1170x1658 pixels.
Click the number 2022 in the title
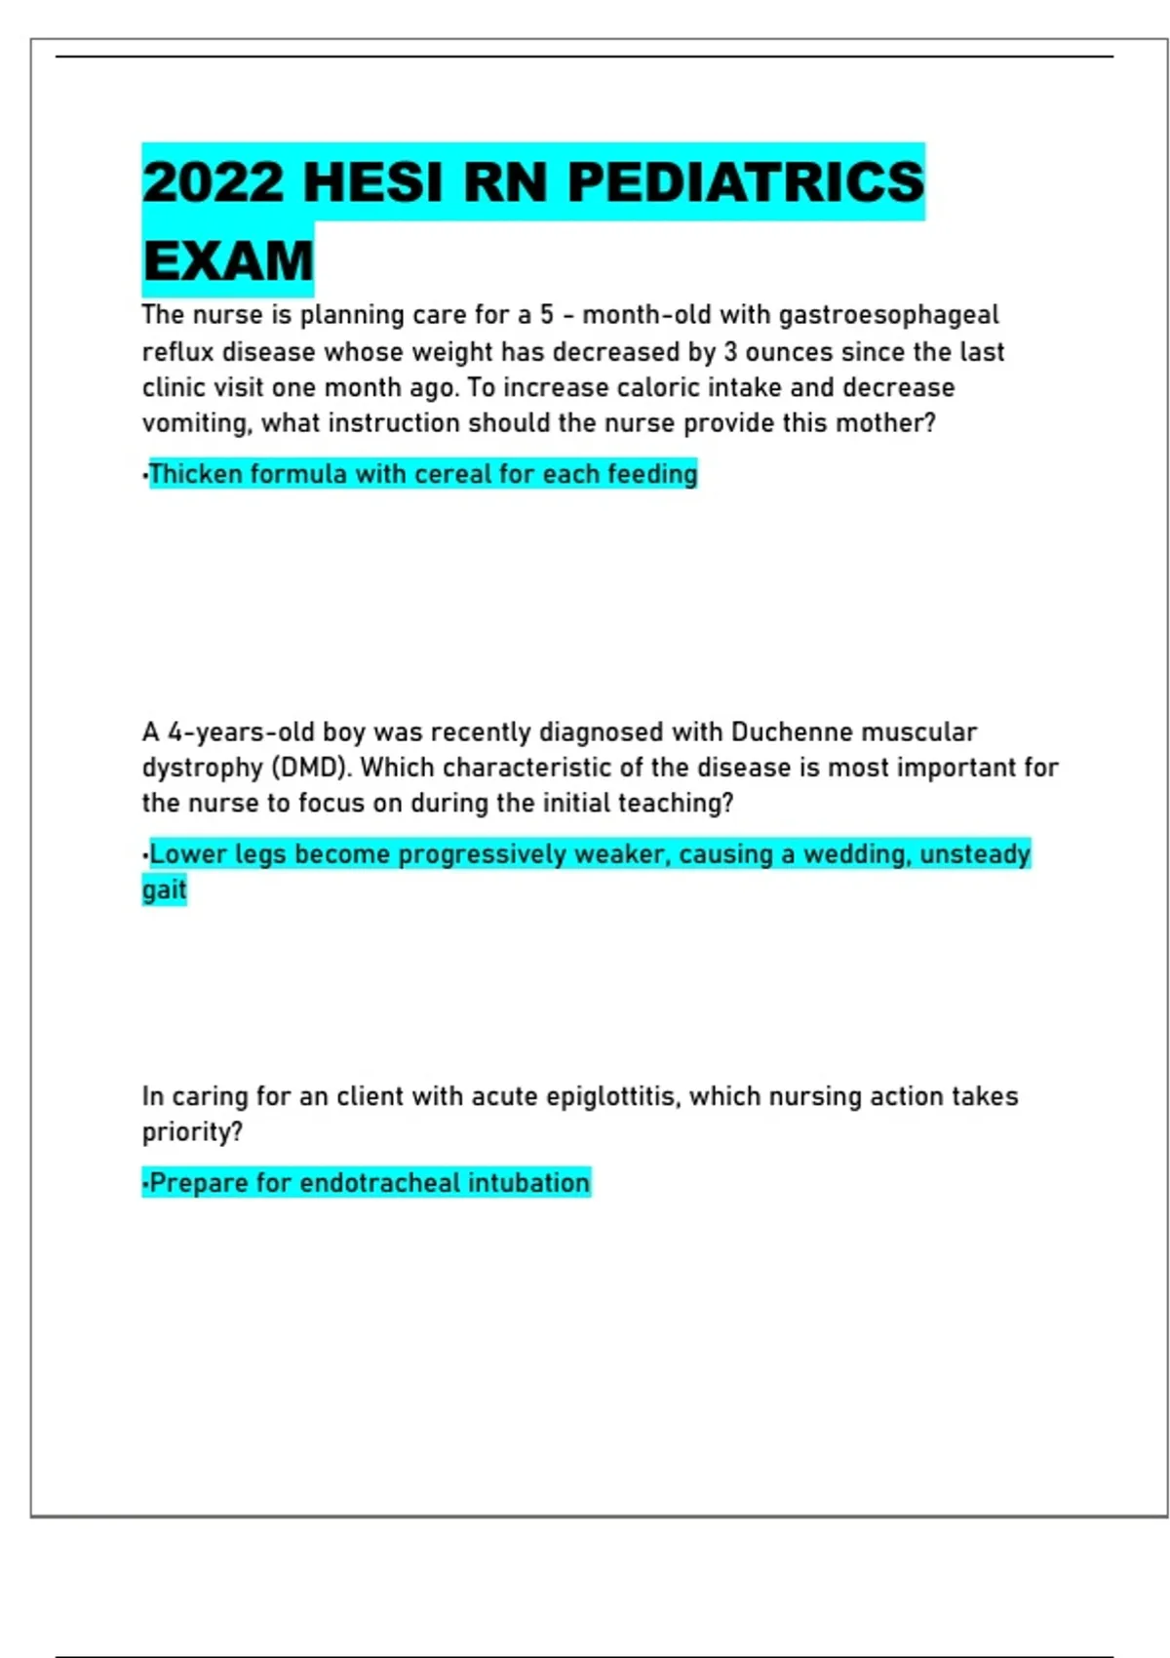coord(213,182)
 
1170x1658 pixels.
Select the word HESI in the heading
coord(373,182)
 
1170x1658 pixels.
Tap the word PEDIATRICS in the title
coord(745,182)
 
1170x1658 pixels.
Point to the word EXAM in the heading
coord(228,260)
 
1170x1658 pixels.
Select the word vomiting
coord(197,423)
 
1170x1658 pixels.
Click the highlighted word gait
coord(164,889)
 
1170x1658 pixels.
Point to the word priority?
coord(192,1132)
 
